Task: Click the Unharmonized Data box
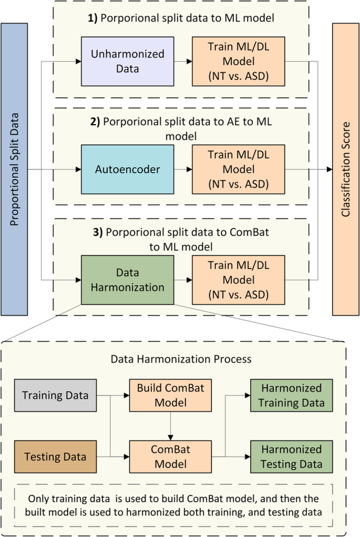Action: point(127,61)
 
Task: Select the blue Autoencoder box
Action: point(127,170)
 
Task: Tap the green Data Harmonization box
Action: point(127,280)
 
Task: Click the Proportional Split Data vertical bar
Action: point(14,168)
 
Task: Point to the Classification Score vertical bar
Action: point(346,168)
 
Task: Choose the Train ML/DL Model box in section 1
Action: point(238,61)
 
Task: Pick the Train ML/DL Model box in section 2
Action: point(238,170)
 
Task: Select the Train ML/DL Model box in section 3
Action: point(238,280)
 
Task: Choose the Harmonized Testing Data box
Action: point(292,457)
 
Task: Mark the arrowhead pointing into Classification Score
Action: point(329,169)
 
